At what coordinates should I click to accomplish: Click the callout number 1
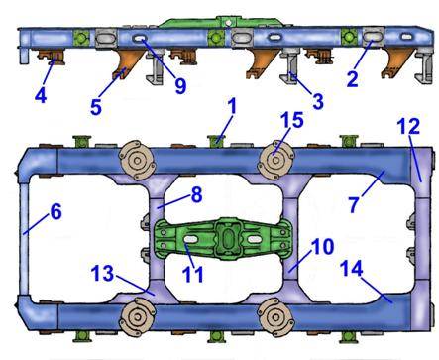233,106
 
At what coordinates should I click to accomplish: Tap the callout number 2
352,79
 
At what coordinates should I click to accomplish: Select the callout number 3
317,101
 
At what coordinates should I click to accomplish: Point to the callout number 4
41,96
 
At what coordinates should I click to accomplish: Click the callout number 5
96,107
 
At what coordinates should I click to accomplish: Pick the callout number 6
55,211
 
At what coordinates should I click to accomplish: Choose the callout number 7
354,204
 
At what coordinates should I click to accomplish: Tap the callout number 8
196,194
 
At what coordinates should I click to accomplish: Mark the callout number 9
180,85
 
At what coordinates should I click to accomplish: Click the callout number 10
323,246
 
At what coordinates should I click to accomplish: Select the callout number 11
193,274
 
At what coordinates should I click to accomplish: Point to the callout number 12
408,126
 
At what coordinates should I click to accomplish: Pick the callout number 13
103,274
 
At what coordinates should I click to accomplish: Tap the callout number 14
352,268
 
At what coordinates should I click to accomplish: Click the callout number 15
292,120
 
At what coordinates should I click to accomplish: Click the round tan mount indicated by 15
275,160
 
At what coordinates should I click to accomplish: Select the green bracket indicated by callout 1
216,141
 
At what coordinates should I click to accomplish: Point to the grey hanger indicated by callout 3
290,65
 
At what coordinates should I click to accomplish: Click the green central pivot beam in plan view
223,239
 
